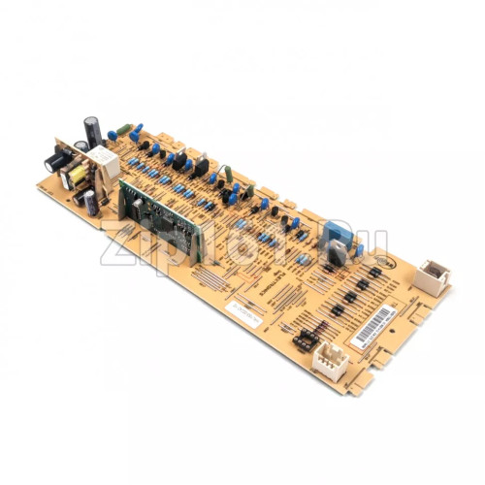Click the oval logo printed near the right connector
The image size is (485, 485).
393,260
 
